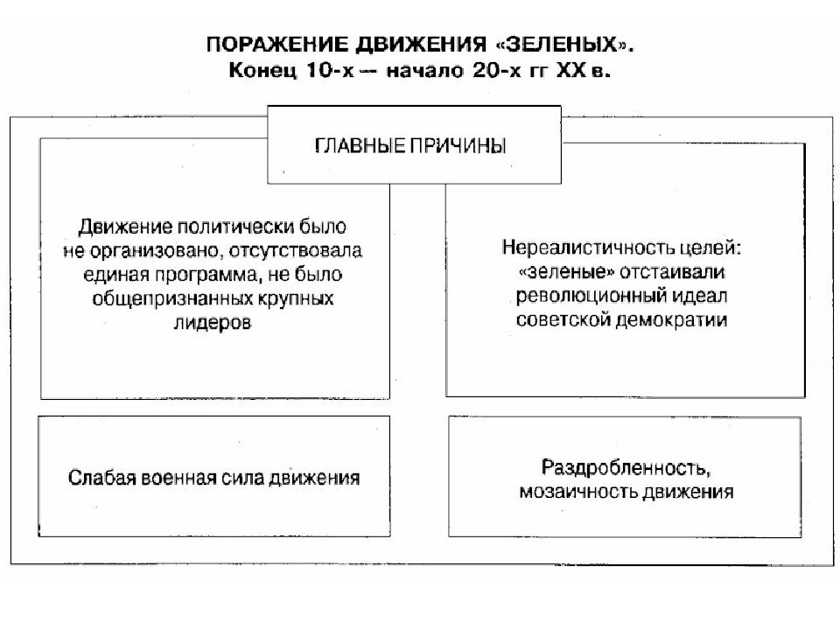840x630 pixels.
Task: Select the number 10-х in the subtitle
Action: point(330,70)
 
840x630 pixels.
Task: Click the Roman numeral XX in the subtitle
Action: point(571,70)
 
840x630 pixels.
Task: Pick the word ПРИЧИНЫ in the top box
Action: point(458,146)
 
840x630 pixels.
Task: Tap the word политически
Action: point(235,227)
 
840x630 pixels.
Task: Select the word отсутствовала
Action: point(296,251)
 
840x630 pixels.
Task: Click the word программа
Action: point(206,275)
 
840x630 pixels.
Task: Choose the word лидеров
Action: point(213,323)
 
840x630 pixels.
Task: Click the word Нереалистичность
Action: point(588,248)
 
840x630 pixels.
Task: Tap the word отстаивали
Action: point(672,272)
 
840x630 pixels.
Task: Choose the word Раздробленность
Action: point(626,467)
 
